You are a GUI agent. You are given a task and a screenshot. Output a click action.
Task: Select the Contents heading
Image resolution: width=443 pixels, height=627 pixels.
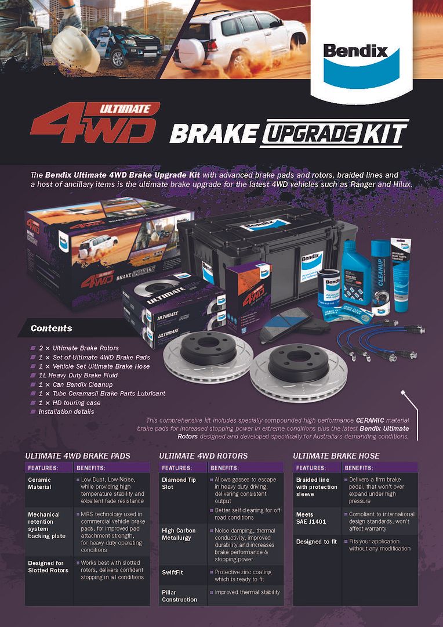pyautogui.click(x=52, y=328)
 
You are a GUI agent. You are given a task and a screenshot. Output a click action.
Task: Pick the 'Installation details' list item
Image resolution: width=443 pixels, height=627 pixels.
pyautogui.click(x=67, y=411)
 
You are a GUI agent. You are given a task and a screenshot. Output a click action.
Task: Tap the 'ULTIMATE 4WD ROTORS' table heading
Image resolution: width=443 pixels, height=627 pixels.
pyautogui.click(x=203, y=456)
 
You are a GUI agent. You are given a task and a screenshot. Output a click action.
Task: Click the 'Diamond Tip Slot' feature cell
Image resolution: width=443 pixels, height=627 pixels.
pyautogui.click(x=179, y=483)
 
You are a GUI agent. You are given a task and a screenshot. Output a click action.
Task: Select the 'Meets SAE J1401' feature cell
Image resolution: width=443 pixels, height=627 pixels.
pyautogui.click(x=311, y=518)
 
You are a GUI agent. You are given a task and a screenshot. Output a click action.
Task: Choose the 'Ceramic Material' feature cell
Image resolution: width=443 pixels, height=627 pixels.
pyautogui.click(x=40, y=483)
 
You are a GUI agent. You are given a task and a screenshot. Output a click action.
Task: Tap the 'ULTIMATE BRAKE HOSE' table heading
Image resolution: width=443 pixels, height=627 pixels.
pyautogui.click(x=336, y=456)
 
